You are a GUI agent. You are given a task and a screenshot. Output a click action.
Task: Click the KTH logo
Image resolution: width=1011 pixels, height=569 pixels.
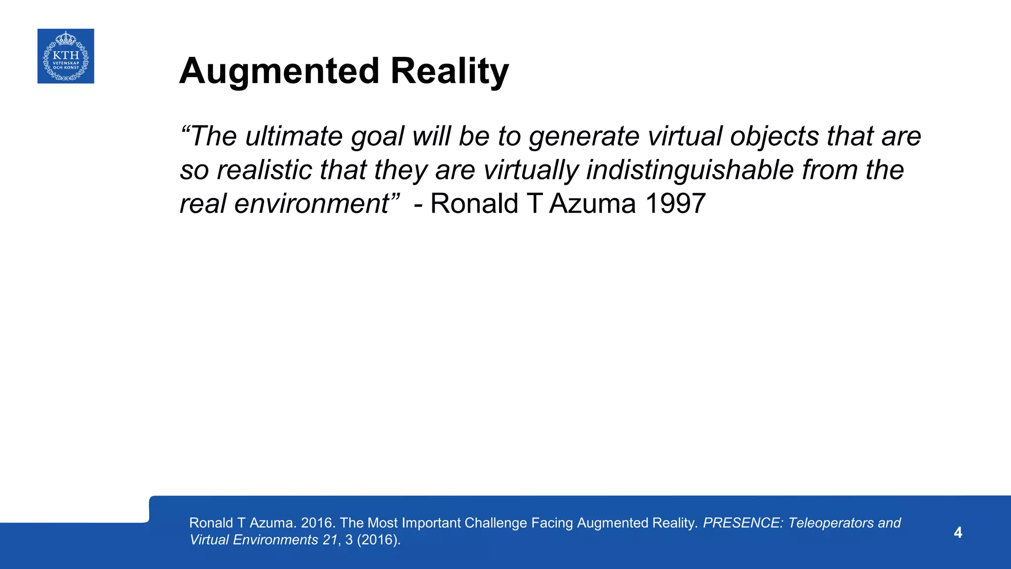click(x=66, y=56)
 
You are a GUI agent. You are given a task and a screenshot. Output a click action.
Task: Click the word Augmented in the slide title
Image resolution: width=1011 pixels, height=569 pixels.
click(x=279, y=71)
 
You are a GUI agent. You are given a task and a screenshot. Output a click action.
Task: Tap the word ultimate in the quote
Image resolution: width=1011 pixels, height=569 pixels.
click(x=294, y=136)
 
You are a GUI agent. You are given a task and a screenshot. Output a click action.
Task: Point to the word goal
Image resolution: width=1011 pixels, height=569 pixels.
click(x=378, y=137)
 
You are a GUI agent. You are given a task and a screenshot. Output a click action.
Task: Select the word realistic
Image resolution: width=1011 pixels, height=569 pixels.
click(x=265, y=170)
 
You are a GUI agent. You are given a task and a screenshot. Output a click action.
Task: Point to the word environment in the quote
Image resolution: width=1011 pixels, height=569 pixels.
click(x=311, y=203)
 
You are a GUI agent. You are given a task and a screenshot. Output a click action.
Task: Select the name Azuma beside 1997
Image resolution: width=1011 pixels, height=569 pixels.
click(x=592, y=203)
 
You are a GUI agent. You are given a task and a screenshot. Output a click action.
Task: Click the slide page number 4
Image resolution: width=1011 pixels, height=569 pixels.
click(x=958, y=532)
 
